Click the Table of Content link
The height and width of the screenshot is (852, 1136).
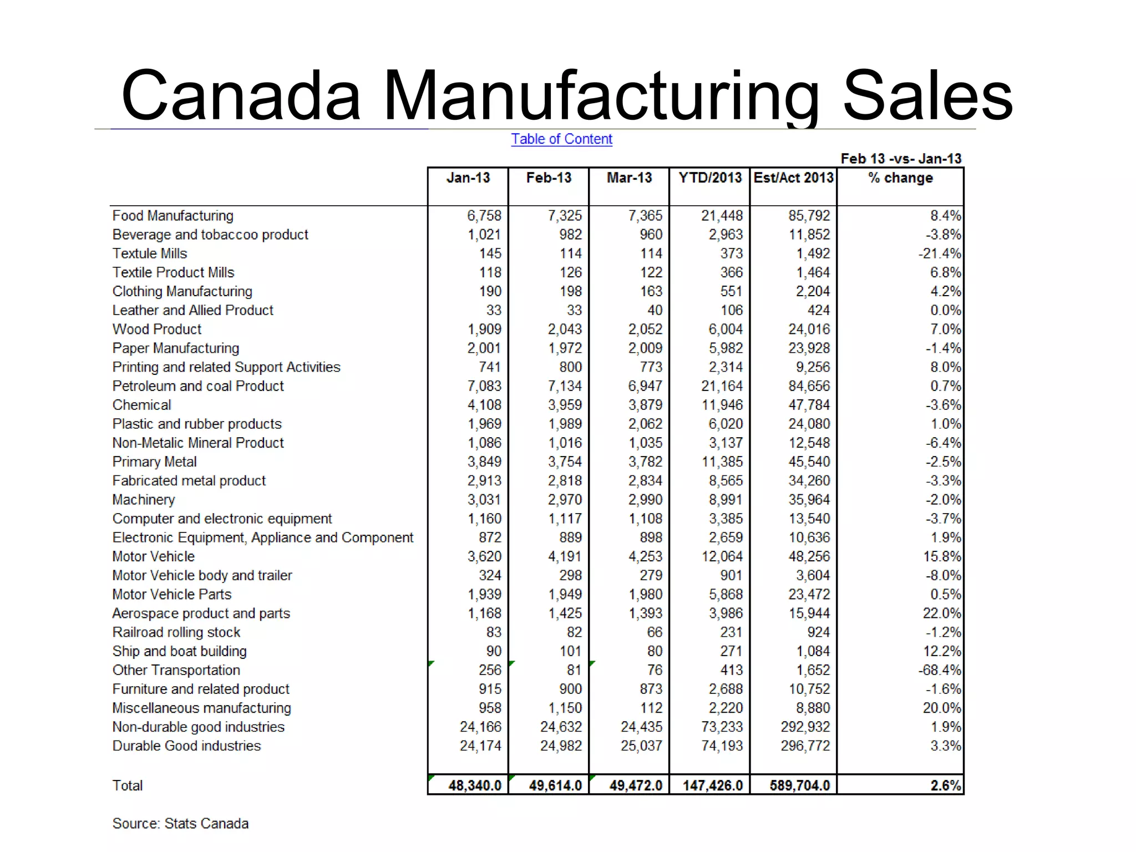pos(561,139)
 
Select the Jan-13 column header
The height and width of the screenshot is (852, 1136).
pos(468,178)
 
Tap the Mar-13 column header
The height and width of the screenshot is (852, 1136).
pos(629,178)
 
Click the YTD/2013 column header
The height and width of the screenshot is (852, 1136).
pos(710,178)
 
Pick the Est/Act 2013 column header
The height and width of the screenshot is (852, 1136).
pos(793,178)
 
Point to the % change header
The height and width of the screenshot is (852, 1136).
pos(900,178)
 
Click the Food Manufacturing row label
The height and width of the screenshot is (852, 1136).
pos(173,216)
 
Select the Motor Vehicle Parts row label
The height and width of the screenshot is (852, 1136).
pos(172,595)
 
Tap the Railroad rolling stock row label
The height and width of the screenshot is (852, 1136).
pos(176,632)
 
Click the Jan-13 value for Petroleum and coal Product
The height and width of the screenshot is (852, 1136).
pos(484,386)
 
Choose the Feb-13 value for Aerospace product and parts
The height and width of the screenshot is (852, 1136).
pos(565,613)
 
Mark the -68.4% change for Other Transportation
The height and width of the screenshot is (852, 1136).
pos(939,670)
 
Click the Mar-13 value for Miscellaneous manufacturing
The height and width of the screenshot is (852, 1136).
pos(651,708)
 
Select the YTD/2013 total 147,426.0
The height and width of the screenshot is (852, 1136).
pos(712,785)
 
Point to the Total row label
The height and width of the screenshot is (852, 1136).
pos(128,785)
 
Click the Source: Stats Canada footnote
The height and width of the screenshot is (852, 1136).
pos(180,824)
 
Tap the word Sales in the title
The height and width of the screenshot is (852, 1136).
pos(927,95)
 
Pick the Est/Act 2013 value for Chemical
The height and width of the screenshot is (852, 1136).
pos(809,405)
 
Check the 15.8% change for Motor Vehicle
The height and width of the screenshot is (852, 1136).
pos(942,556)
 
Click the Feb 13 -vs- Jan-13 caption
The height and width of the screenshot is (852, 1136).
pos(901,159)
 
